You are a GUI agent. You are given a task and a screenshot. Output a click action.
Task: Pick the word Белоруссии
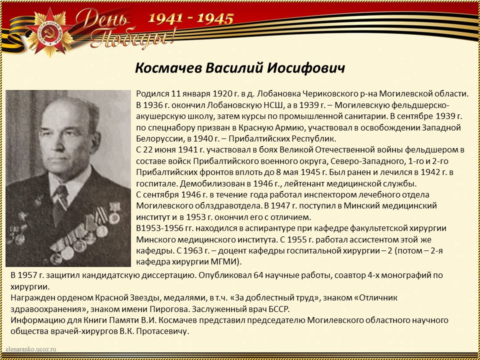(x=158, y=138)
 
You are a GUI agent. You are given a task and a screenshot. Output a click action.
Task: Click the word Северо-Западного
(x=355, y=161)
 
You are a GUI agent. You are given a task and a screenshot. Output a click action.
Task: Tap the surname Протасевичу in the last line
(x=163, y=331)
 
